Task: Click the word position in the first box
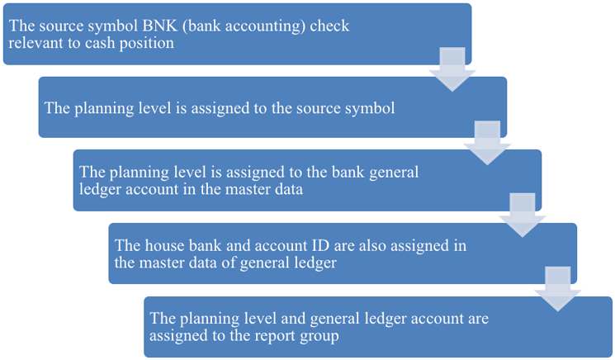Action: [x=145, y=43]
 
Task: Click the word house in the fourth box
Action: [x=162, y=245]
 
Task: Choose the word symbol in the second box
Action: [x=371, y=107]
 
